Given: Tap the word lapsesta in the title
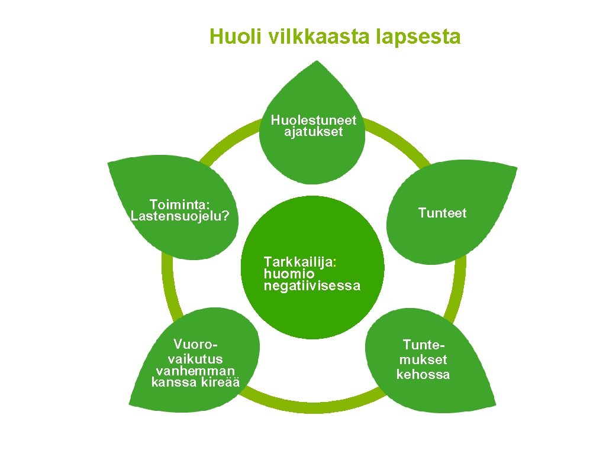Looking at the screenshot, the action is pos(418,37).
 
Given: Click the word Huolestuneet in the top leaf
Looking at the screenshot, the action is pos(314,120).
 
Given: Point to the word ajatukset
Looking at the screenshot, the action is pos(314,132).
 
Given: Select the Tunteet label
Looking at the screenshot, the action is pos(442,213).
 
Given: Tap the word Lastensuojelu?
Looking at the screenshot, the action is pos(180,216).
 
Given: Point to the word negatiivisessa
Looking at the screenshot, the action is pos(312,286).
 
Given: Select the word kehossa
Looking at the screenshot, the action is pos(423,374).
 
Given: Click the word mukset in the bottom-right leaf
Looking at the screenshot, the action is pos(423,359).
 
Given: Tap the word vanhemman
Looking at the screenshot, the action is pos(195,371).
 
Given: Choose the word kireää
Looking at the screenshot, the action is pos(218,382).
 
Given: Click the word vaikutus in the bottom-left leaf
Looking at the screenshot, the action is pos(195,358).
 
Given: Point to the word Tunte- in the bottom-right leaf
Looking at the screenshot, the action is pos(423,345).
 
